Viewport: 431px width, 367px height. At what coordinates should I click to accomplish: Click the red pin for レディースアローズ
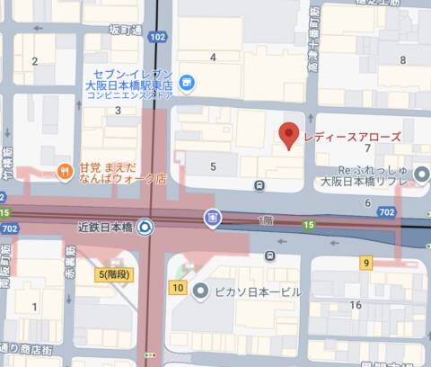click(x=288, y=135)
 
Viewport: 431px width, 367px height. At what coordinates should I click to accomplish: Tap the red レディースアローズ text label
click(x=351, y=137)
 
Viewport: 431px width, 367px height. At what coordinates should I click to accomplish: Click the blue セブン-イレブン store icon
click(x=186, y=83)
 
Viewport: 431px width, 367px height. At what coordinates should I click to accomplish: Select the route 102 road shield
click(x=158, y=37)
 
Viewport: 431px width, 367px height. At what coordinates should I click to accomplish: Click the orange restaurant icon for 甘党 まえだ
click(x=65, y=170)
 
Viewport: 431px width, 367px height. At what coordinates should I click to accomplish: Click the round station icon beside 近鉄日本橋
click(x=144, y=227)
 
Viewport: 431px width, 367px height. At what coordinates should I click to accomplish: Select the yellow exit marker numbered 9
click(x=366, y=263)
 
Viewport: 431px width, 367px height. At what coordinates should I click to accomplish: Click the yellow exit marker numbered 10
click(x=178, y=289)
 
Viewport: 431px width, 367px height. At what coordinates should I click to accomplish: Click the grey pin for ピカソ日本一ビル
click(x=200, y=291)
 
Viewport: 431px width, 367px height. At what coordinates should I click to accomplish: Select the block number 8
click(x=403, y=60)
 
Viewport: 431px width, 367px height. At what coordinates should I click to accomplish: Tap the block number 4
click(x=213, y=58)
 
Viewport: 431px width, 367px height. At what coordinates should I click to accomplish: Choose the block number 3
click(x=118, y=111)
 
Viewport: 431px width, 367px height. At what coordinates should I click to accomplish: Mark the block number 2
click(x=35, y=61)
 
